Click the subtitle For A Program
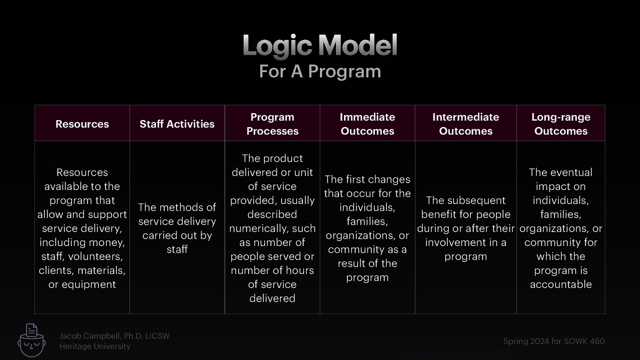(x=320, y=72)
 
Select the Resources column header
(x=82, y=124)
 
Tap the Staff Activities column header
(x=177, y=124)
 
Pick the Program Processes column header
(x=272, y=124)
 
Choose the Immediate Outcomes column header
(x=367, y=124)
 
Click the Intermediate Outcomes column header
(x=466, y=124)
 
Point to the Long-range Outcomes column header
(x=561, y=124)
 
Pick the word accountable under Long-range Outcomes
(x=561, y=284)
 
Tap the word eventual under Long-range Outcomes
(x=572, y=172)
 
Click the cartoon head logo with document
(x=32, y=340)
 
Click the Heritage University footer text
(x=95, y=346)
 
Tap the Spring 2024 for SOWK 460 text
(x=554, y=341)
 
